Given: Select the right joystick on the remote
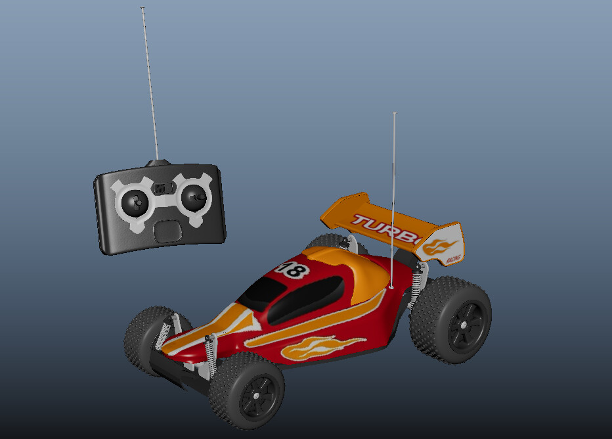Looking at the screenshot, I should point(194,196).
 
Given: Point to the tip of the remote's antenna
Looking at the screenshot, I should point(142,9).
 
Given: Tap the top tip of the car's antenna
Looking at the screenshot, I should point(395,114).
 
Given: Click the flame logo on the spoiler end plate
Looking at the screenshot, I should point(439,246).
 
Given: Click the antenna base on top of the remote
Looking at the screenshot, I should point(158,162).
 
